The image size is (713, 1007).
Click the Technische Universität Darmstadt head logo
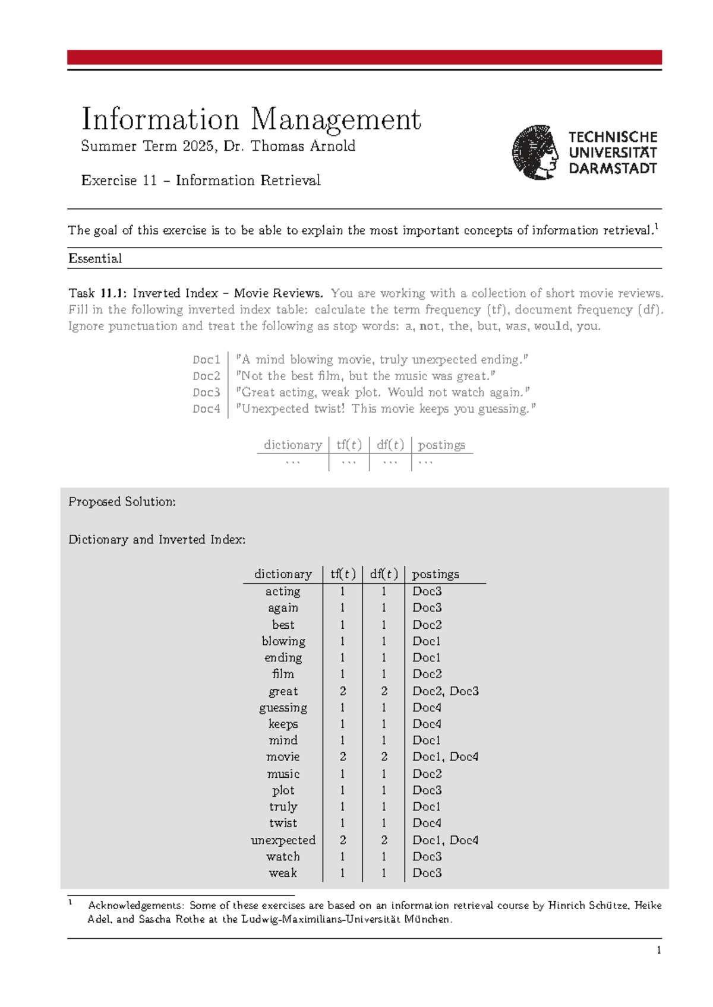pyautogui.click(x=535, y=152)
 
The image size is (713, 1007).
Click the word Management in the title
pyautogui.click(x=336, y=119)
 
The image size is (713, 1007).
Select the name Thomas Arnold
pyautogui.click(x=303, y=146)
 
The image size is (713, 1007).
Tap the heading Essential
pyautogui.click(x=95, y=258)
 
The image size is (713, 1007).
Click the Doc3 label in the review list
pyautogui.click(x=206, y=392)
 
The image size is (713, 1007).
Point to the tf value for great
pyautogui.click(x=343, y=691)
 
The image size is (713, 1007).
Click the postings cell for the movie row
pyautogui.click(x=445, y=757)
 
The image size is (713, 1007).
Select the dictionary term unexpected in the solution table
pyautogui.click(x=283, y=840)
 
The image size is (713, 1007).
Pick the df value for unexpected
pyautogui.click(x=384, y=840)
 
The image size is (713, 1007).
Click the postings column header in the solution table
pyautogui.click(x=436, y=574)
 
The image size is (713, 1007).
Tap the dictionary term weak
pyautogui.click(x=283, y=873)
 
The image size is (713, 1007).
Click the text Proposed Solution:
pyautogui.click(x=122, y=502)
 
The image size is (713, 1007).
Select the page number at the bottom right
pyautogui.click(x=658, y=951)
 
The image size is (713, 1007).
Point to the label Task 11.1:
pyautogui.click(x=97, y=293)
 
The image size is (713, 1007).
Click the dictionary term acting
pyautogui.click(x=283, y=591)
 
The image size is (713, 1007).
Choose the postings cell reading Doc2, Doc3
pyautogui.click(x=445, y=691)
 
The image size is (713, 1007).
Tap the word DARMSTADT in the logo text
pyautogui.click(x=613, y=169)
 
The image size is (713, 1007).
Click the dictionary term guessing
pyautogui.click(x=283, y=708)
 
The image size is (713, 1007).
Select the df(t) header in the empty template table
pyautogui.click(x=390, y=445)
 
